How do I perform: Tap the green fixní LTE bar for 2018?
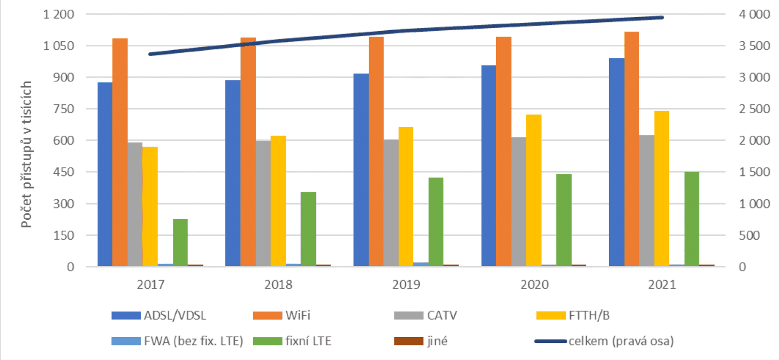[x=308, y=229]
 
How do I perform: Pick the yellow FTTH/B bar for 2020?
[x=534, y=190]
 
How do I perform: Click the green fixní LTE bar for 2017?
[x=180, y=242]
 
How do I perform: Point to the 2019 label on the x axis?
[x=406, y=284]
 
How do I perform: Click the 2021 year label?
[x=662, y=284]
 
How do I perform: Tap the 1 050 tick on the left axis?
[x=58, y=46]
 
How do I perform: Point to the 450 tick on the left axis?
[x=64, y=172]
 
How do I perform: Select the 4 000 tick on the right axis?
[x=754, y=14]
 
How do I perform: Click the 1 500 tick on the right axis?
[x=754, y=172]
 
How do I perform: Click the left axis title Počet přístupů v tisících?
[x=26, y=154]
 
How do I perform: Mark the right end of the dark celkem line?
[x=662, y=18]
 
